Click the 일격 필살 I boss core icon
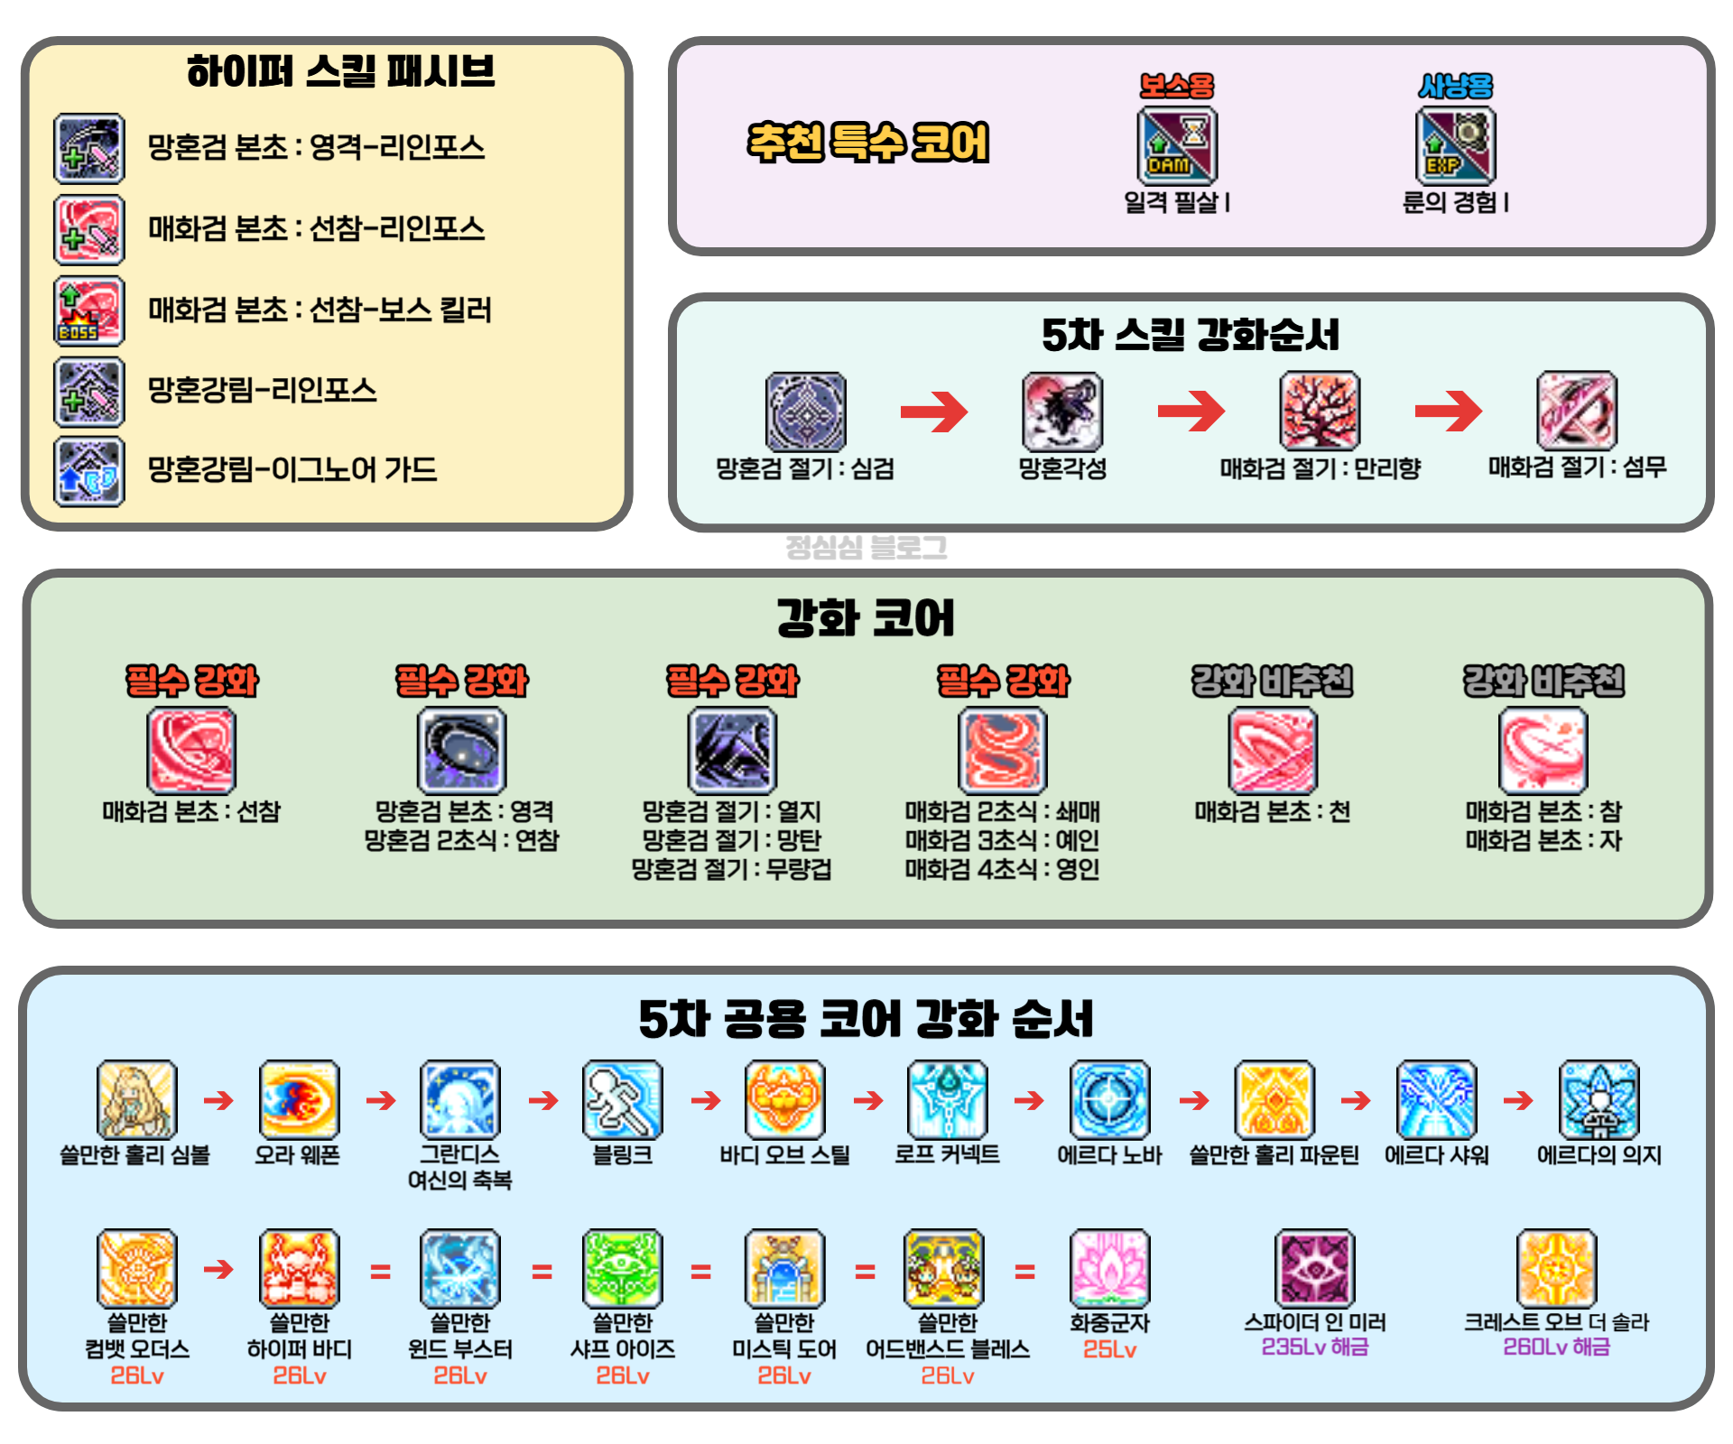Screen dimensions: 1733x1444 coord(1177,145)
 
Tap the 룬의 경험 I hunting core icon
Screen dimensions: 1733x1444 coord(1455,145)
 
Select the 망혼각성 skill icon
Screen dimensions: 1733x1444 coord(1062,412)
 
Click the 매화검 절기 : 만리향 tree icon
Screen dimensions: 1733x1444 coord(1320,411)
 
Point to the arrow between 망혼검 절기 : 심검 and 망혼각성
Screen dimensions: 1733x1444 coord(934,412)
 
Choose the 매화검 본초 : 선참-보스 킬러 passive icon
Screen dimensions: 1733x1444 coord(89,311)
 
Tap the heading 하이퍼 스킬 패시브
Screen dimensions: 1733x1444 coord(341,71)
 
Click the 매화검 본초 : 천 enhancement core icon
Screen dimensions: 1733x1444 coord(1273,751)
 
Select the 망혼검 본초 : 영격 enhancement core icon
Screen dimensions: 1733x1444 coord(461,751)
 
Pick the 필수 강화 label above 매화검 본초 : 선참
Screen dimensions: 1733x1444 coord(191,680)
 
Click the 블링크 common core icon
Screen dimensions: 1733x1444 coord(623,1100)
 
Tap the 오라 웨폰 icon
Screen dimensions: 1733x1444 coord(299,1100)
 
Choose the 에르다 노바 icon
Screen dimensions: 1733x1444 coord(1109,1100)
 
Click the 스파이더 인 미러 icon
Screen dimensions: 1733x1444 coord(1315,1268)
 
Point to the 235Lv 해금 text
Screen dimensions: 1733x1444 coord(1315,1347)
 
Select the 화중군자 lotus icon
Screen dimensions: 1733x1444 coord(1109,1268)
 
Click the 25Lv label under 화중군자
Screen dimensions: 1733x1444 coord(1109,1350)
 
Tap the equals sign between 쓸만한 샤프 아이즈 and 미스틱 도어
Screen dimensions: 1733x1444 coord(701,1273)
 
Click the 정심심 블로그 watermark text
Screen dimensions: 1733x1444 coord(866,547)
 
